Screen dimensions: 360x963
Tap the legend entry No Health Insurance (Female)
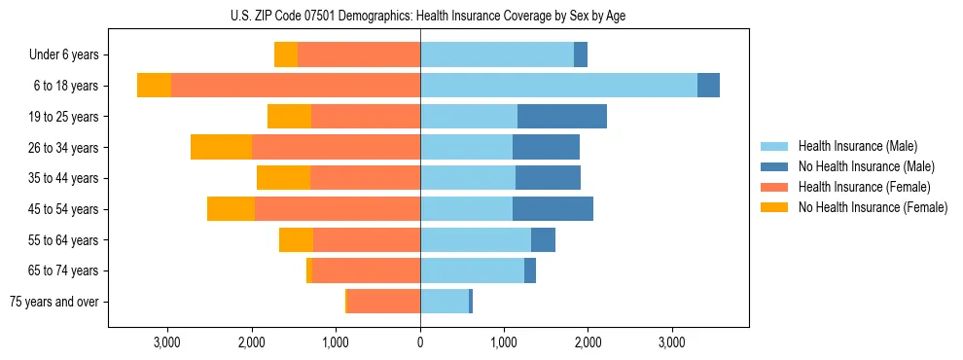click(872, 207)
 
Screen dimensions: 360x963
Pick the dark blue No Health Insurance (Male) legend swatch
click(774, 166)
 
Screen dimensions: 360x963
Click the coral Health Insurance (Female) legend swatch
click(774, 187)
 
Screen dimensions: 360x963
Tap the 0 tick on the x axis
click(420, 343)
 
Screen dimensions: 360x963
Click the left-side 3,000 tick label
click(167, 343)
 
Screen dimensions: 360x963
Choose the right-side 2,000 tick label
click(588, 343)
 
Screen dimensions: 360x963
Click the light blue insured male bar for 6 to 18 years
click(558, 86)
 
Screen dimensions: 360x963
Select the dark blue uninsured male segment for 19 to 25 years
click(562, 117)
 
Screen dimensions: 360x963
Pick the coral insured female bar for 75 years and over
click(383, 302)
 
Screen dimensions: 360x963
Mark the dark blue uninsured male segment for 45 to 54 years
click(553, 209)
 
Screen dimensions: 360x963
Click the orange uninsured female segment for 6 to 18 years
click(154, 86)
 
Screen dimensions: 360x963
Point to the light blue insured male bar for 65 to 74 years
click(472, 270)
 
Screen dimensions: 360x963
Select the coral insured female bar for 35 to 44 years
click(365, 178)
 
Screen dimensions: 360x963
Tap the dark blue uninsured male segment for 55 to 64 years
click(543, 239)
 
